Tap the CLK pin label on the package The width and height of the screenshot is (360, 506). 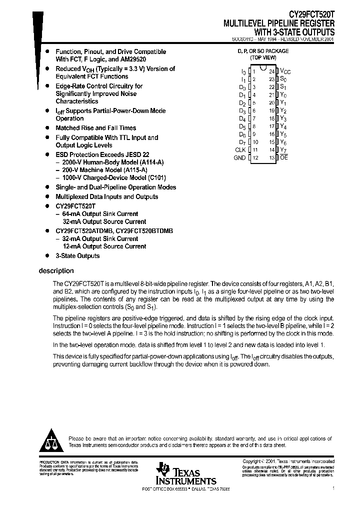point(240,149)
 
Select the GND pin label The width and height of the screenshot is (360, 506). point(239,157)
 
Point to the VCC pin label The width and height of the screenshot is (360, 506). point(285,71)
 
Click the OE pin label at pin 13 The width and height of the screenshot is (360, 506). point(284,157)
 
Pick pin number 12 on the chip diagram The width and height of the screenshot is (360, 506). point(255,157)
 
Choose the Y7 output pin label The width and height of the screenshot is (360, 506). point(283,149)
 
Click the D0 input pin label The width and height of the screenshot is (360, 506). point(242,87)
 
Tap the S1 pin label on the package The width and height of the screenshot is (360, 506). point(283,87)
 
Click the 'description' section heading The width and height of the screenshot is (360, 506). point(56,271)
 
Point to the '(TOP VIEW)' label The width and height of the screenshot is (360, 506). point(262,57)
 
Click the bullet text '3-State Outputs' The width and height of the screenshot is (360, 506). point(77,255)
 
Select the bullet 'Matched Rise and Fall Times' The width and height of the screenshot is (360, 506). point(95,128)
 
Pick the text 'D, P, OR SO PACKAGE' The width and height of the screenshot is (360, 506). point(262,51)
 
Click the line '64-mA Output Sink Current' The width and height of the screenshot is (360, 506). point(100,213)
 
